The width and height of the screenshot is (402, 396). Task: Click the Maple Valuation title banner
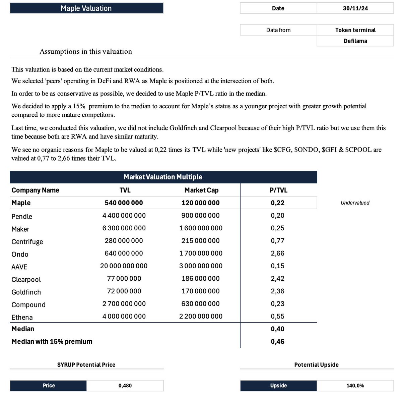pos(86,8)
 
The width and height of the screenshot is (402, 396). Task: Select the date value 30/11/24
pos(355,8)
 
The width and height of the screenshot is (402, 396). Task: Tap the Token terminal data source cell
pos(355,30)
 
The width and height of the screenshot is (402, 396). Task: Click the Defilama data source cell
pos(355,41)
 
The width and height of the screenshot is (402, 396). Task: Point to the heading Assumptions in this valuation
pos(86,51)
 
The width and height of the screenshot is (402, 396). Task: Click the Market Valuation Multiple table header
pos(163,177)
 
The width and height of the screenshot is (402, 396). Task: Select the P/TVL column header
pos(278,190)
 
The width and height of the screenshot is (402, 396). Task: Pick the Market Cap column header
pos(201,190)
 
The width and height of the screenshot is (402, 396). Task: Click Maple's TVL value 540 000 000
pos(124,203)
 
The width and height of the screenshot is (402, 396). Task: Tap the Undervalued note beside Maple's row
pos(355,203)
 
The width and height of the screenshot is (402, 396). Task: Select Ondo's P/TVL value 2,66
pos(277,253)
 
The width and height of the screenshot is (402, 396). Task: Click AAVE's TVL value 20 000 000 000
pos(124,266)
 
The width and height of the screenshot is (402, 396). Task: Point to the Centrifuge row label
pos(27,242)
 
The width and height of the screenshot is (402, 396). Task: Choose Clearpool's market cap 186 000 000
pos(201,279)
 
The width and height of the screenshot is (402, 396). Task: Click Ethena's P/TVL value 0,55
pos(277,316)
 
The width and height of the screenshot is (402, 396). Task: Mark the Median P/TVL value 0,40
pos(277,329)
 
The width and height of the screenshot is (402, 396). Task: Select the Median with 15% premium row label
pos(52,341)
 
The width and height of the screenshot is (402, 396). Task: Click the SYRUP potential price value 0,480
pos(125,386)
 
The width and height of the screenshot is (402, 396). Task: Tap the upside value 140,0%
pos(355,386)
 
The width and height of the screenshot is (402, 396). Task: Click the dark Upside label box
pos(278,386)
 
